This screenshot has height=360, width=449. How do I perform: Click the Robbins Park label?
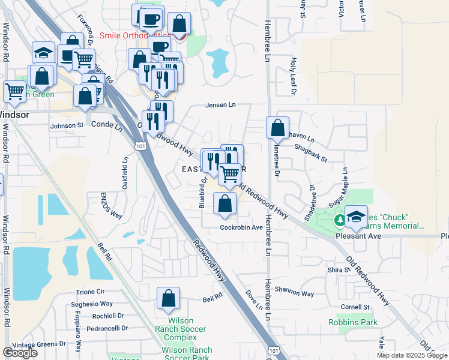tap(353, 323)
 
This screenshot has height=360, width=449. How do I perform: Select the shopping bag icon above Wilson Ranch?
tap(169, 298)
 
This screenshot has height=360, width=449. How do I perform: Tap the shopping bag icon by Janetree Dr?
tap(277, 128)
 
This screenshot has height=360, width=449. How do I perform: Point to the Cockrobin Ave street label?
tap(241, 227)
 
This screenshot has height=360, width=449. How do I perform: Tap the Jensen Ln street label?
tap(221, 105)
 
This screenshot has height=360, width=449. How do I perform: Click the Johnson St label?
tap(67, 126)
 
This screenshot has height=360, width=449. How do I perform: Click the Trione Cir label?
tap(91, 292)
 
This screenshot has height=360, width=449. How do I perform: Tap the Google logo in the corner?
tap(20, 353)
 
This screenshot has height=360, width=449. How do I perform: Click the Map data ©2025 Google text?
tap(412, 355)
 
